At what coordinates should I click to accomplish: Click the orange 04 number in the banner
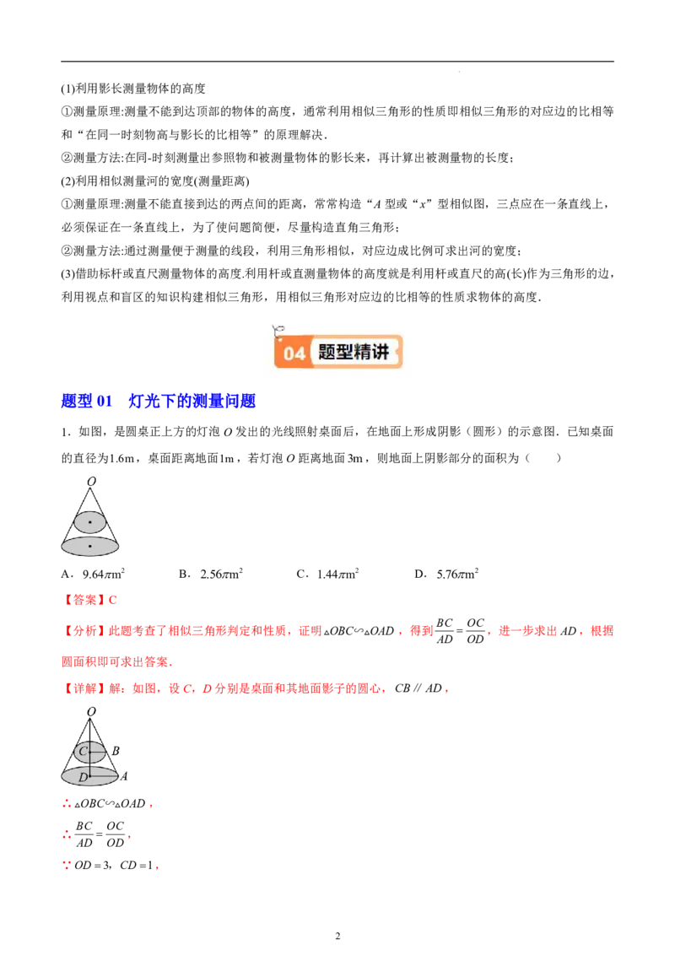coord(294,353)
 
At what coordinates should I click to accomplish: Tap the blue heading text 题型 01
coord(87,401)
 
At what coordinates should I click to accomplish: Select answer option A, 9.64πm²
coord(93,574)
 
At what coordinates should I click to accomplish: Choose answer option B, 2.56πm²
coord(211,574)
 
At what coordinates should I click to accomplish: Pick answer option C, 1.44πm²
coord(327,574)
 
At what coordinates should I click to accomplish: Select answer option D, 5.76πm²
coord(446,574)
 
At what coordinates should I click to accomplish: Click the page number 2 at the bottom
coord(337,936)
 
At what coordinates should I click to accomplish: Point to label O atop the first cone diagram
coord(91,481)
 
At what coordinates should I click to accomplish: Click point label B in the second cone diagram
coord(116,751)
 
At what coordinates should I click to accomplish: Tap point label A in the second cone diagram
coord(124,776)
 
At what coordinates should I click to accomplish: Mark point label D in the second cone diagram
coord(83,778)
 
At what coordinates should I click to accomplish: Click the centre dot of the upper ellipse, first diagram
coord(90,522)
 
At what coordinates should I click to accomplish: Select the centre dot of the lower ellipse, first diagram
coord(90,547)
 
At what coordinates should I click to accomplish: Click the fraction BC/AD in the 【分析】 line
coord(445,631)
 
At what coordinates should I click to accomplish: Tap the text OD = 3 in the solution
coord(93,865)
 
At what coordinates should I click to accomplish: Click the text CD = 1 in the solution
coord(137,865)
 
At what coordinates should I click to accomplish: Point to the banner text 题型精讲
coord(354,352)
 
